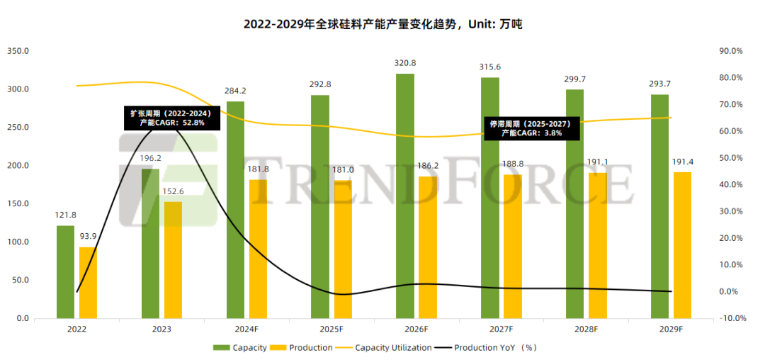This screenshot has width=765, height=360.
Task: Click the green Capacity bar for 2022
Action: pyautogui.click(x=65, y=272)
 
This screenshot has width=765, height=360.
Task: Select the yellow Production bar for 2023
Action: pyautogui.click(x=173, y=260)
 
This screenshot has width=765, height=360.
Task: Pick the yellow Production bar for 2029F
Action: pyautogui.click(x=682, y=245)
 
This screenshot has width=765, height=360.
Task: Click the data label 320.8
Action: pyautogui.click(x=405, y=63)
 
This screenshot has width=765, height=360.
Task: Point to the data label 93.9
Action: pyautogui.click(x=88, y=237)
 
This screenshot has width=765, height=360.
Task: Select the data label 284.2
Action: pyautogui.click(x=235, y=91)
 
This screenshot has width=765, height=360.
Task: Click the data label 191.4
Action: pyautogui.click(x=682, y=162)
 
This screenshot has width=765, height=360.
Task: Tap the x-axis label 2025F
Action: pyautogui.click(x=331, y=330)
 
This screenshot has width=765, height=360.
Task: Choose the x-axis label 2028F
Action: pyautogui.click(x=586, y=330)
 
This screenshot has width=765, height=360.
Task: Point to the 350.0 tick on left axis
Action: pyautogui.click(x=18, y=51)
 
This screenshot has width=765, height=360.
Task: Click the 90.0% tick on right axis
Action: pyautogui.click(x=730, y=51)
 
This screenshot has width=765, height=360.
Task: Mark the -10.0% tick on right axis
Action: pyautogui.click(x=730, y=318)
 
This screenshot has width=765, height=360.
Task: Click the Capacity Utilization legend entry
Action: pyautogui.click(x=393, y=347)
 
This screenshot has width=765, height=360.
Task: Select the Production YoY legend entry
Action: pyautogui.click(x=496, y=347)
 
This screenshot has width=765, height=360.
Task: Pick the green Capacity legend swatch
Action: pyautogui.click(x=221, y=347)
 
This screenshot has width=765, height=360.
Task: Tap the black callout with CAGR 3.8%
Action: pyautogui.click(x=531, y=128)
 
